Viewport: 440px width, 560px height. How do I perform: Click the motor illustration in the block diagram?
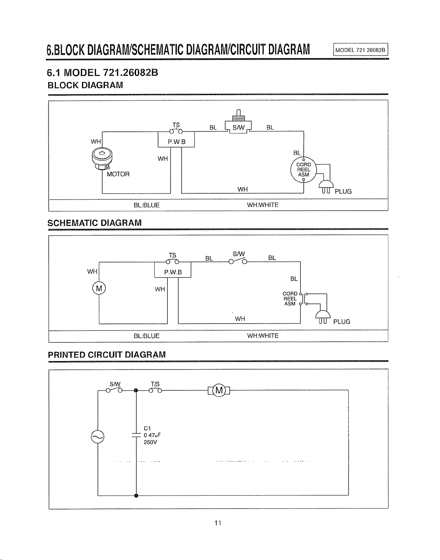point(102,159)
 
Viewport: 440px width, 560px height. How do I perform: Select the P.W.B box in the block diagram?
point(176,140)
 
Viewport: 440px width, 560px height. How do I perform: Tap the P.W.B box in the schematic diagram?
point(173,270)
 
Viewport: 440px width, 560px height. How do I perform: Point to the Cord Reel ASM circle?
point(303,170)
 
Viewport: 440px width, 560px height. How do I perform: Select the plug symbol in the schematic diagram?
point(323,317)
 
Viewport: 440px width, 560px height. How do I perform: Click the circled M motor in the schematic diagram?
point(99,288)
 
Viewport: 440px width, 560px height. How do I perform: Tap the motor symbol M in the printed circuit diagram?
point(219,390)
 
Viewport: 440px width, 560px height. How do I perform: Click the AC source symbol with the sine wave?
point(98,437)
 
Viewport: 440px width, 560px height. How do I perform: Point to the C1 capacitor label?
point(147,428)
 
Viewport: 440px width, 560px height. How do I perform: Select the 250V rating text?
point(150,442)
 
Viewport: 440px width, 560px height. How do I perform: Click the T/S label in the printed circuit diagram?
point(155,384)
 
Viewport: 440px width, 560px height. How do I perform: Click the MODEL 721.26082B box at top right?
point(360,50)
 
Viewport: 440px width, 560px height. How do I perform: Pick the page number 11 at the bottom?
point(218,523)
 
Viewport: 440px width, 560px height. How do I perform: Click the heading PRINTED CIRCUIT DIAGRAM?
point(107,355)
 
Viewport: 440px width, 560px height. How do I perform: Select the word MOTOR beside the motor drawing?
point(118,174)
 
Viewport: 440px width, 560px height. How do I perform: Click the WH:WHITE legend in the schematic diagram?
point(263,336)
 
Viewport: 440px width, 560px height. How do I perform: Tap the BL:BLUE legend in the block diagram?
point(146,205)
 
